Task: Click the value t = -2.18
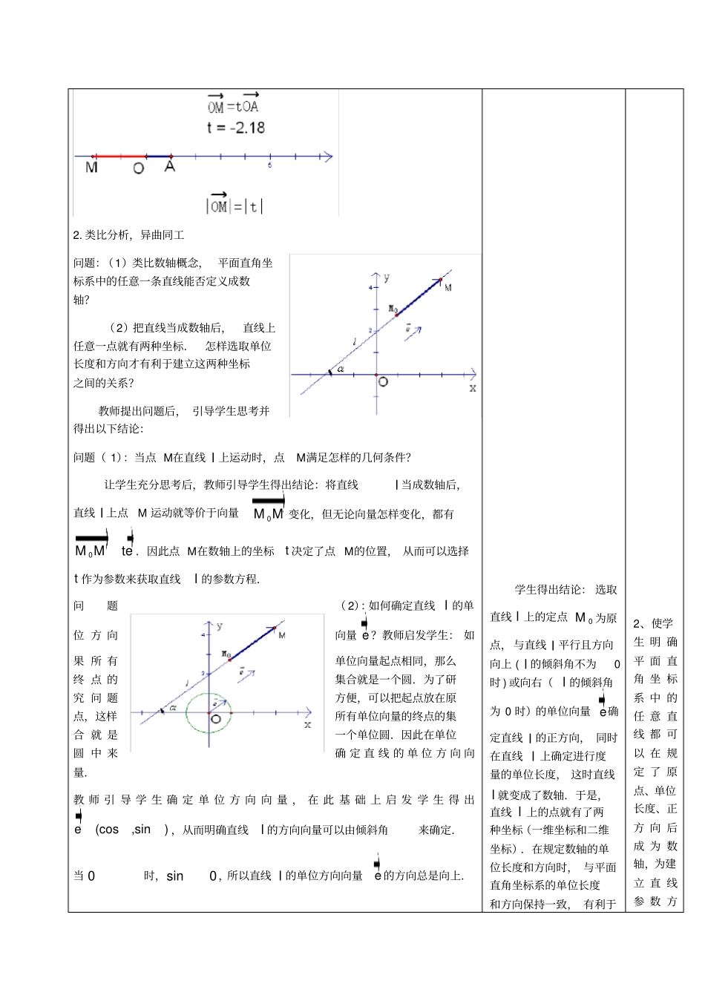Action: [235, 128]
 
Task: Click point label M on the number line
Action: [91, 168]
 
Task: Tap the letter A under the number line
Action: [170, 167]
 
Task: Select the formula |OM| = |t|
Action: [235, 205]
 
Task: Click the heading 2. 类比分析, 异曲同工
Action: [128, 235]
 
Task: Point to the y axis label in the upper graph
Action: [387, 278]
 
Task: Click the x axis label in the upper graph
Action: [473, 388]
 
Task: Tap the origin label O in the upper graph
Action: [383, 382]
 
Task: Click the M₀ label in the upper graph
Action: [393, 308]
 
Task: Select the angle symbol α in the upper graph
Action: [341, 368]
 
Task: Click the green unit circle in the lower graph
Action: [209, 713]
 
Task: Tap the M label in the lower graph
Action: [282, 635]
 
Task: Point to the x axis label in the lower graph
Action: [307, 724]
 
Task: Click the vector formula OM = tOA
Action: [233, 105]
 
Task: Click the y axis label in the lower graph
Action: [220, 626]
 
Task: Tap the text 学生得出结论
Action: [548, 590]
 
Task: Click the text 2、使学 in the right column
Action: [653, 623]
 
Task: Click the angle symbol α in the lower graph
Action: [172, 707]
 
